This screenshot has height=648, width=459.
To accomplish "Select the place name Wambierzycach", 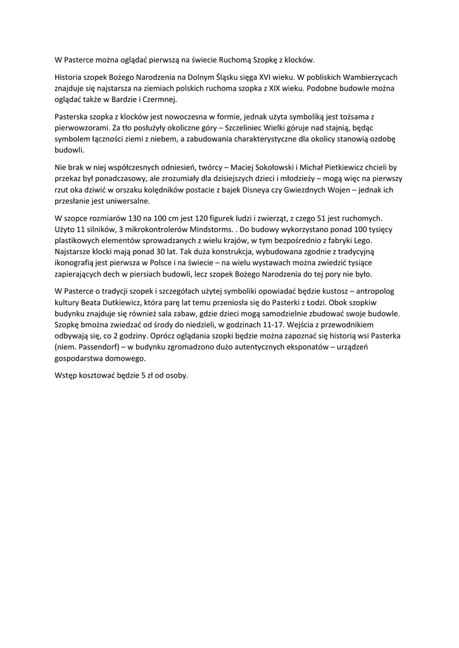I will tap(368, 77).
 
